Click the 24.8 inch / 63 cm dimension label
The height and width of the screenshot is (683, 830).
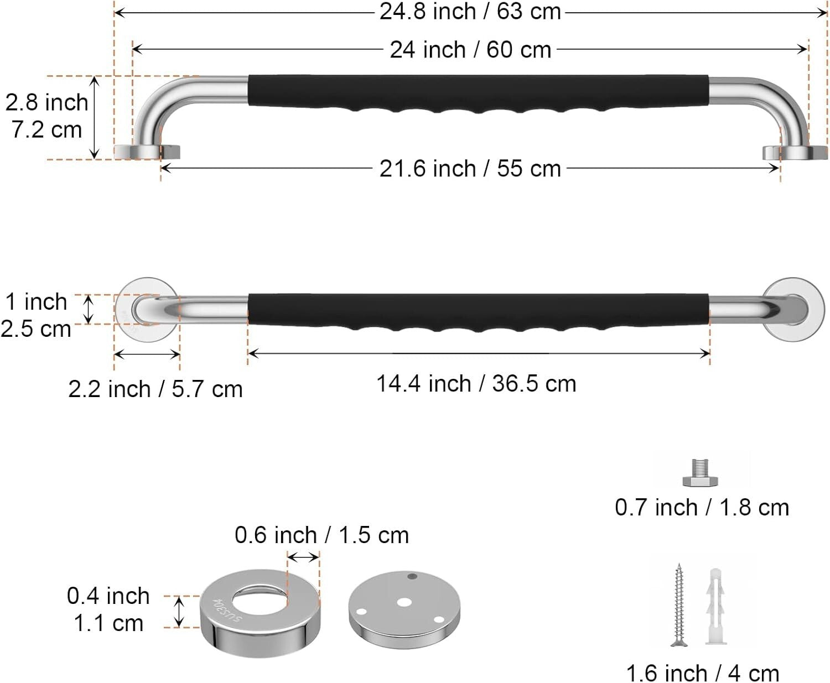[x=470, y=12]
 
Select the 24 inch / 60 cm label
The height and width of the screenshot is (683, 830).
[x=470, y=50]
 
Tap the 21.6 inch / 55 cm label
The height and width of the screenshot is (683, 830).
[x=470, y=169]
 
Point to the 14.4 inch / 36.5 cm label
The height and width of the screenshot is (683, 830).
[x=476, y=383]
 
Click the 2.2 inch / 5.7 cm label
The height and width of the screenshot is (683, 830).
[x=155, y=389]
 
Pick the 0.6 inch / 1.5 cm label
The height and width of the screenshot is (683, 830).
[x=321, y=535]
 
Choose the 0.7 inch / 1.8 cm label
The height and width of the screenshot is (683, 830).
[x=702, y=507]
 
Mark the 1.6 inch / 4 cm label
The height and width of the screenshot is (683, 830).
[x=702, y=673]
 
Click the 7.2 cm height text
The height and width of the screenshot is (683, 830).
[x=46, y=129]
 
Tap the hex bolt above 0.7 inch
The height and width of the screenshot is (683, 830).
[x=700, y=473]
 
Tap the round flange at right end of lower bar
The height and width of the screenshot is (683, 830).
[x=792, y=309]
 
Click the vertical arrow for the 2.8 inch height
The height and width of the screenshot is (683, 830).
[x=95, y=117]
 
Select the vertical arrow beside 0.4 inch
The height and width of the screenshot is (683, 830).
[x=178, y=612]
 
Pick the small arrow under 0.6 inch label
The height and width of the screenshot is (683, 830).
[x=303, y=557]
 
